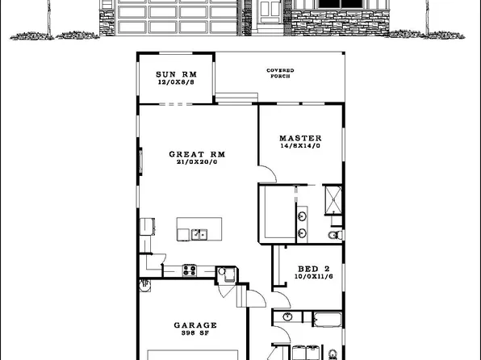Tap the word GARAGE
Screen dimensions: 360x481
tap(194, 326)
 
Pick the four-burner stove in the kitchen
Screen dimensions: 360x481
tap(190, 270)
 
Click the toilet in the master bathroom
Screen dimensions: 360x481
tap(333, 235)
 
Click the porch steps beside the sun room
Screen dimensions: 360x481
tap(231, 99)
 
